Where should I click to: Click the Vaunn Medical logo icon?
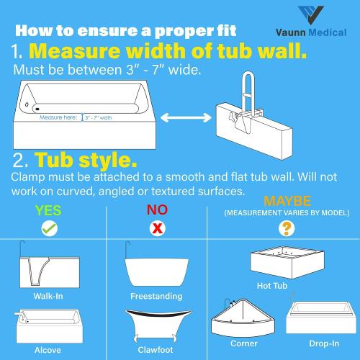[x=315, y=15]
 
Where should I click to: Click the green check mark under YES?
[x=49, y=228]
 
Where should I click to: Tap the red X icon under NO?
[x=154, y=228]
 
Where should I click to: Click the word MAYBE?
[x=287, y=199]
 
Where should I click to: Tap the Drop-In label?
[x=324, y=344]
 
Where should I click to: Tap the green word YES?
[x=48, y=210]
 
